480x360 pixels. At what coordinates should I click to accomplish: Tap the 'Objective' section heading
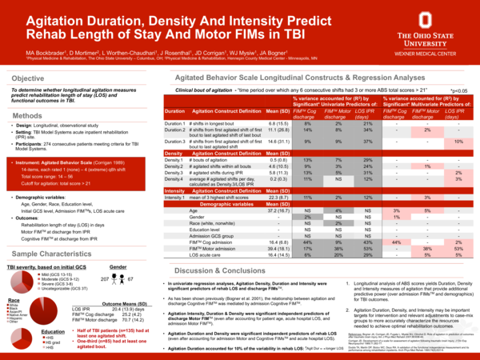(x=28, y=78)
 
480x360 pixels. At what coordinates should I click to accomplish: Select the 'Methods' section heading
(x=27, y=117)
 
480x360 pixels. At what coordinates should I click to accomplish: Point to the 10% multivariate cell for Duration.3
(x=458, y=142)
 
